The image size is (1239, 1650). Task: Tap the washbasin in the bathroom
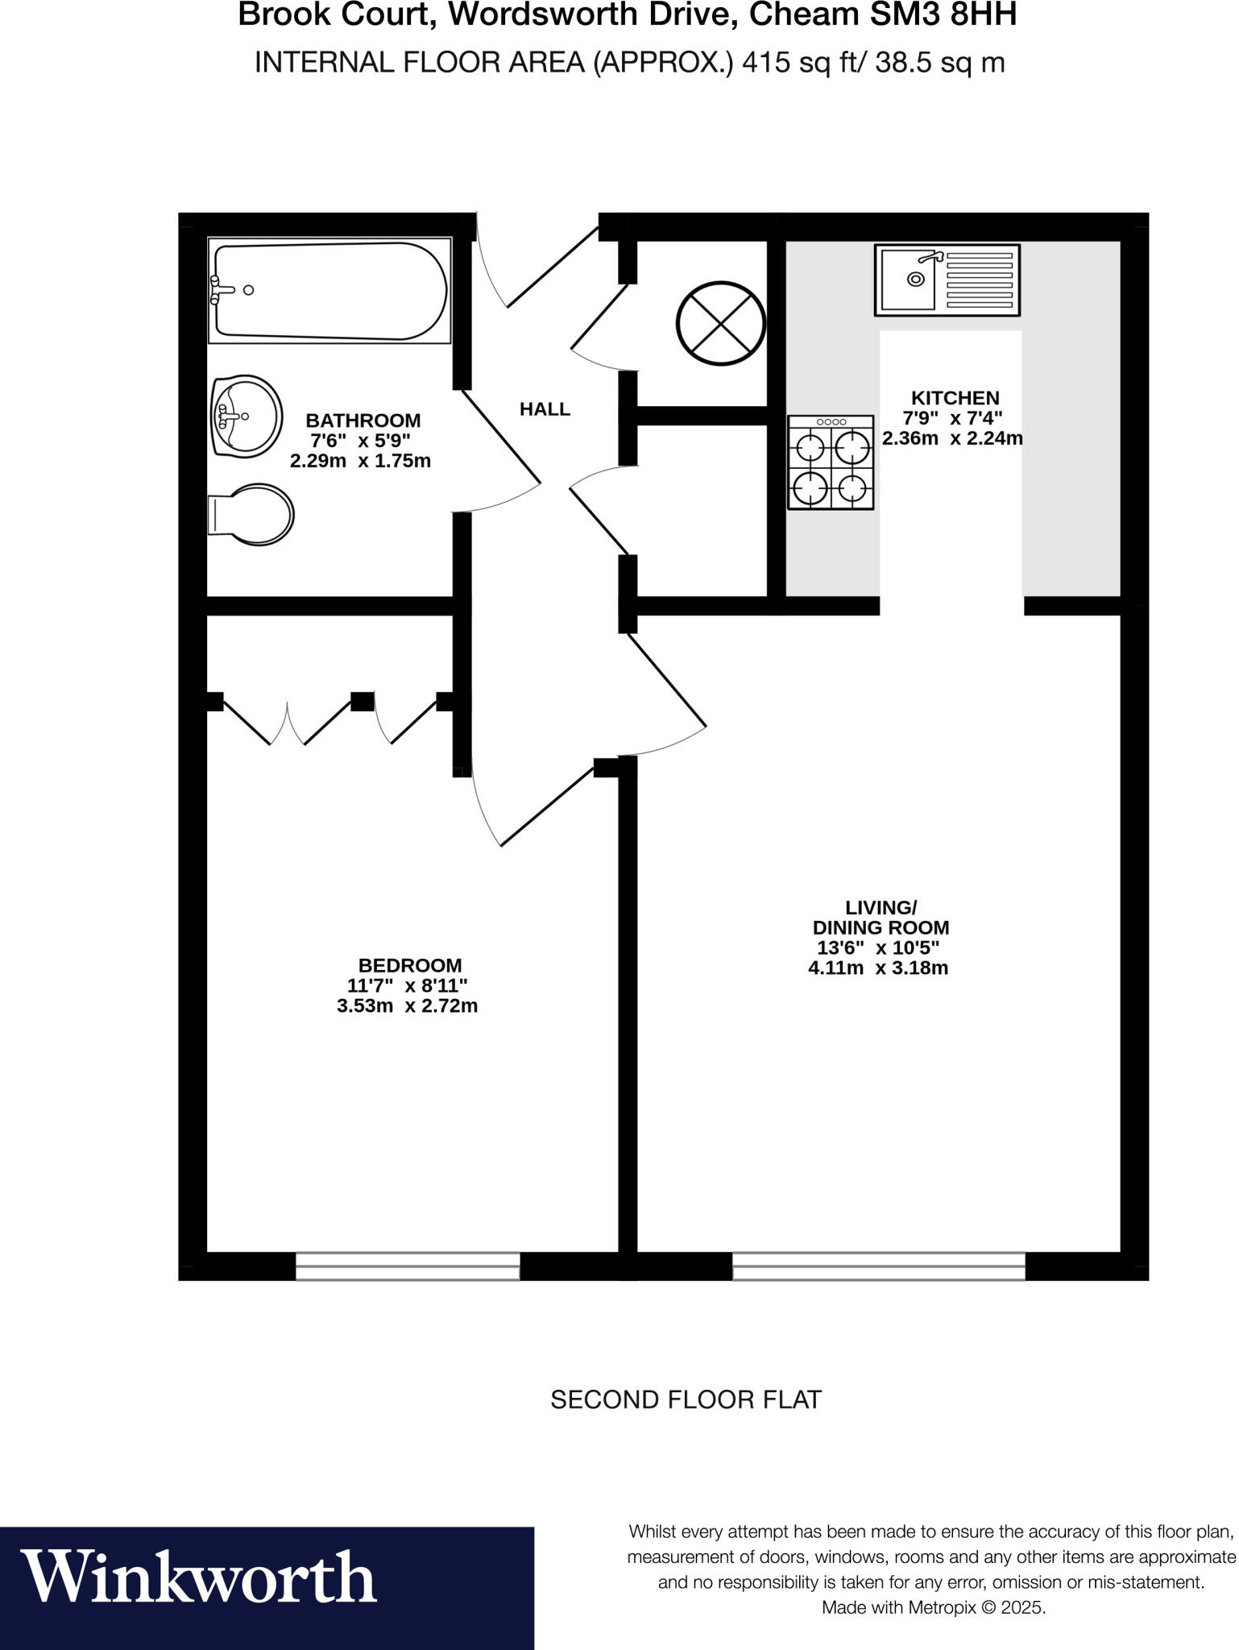(247, 417)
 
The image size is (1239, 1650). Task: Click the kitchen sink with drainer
(947, 280)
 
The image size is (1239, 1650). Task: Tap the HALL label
(545, 409)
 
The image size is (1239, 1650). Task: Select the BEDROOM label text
(409, 965)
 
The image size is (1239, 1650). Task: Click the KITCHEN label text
(955, 398)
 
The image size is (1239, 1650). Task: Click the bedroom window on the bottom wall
(408, 1266)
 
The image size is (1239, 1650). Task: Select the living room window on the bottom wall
(878, 1266)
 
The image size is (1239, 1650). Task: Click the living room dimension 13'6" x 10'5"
(878, 947)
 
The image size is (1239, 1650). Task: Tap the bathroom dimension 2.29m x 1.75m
(360, 462)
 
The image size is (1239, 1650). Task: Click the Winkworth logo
(200, 1576)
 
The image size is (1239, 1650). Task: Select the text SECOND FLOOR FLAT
(686, 1399)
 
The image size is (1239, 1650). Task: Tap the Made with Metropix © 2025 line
(933, 1607)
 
